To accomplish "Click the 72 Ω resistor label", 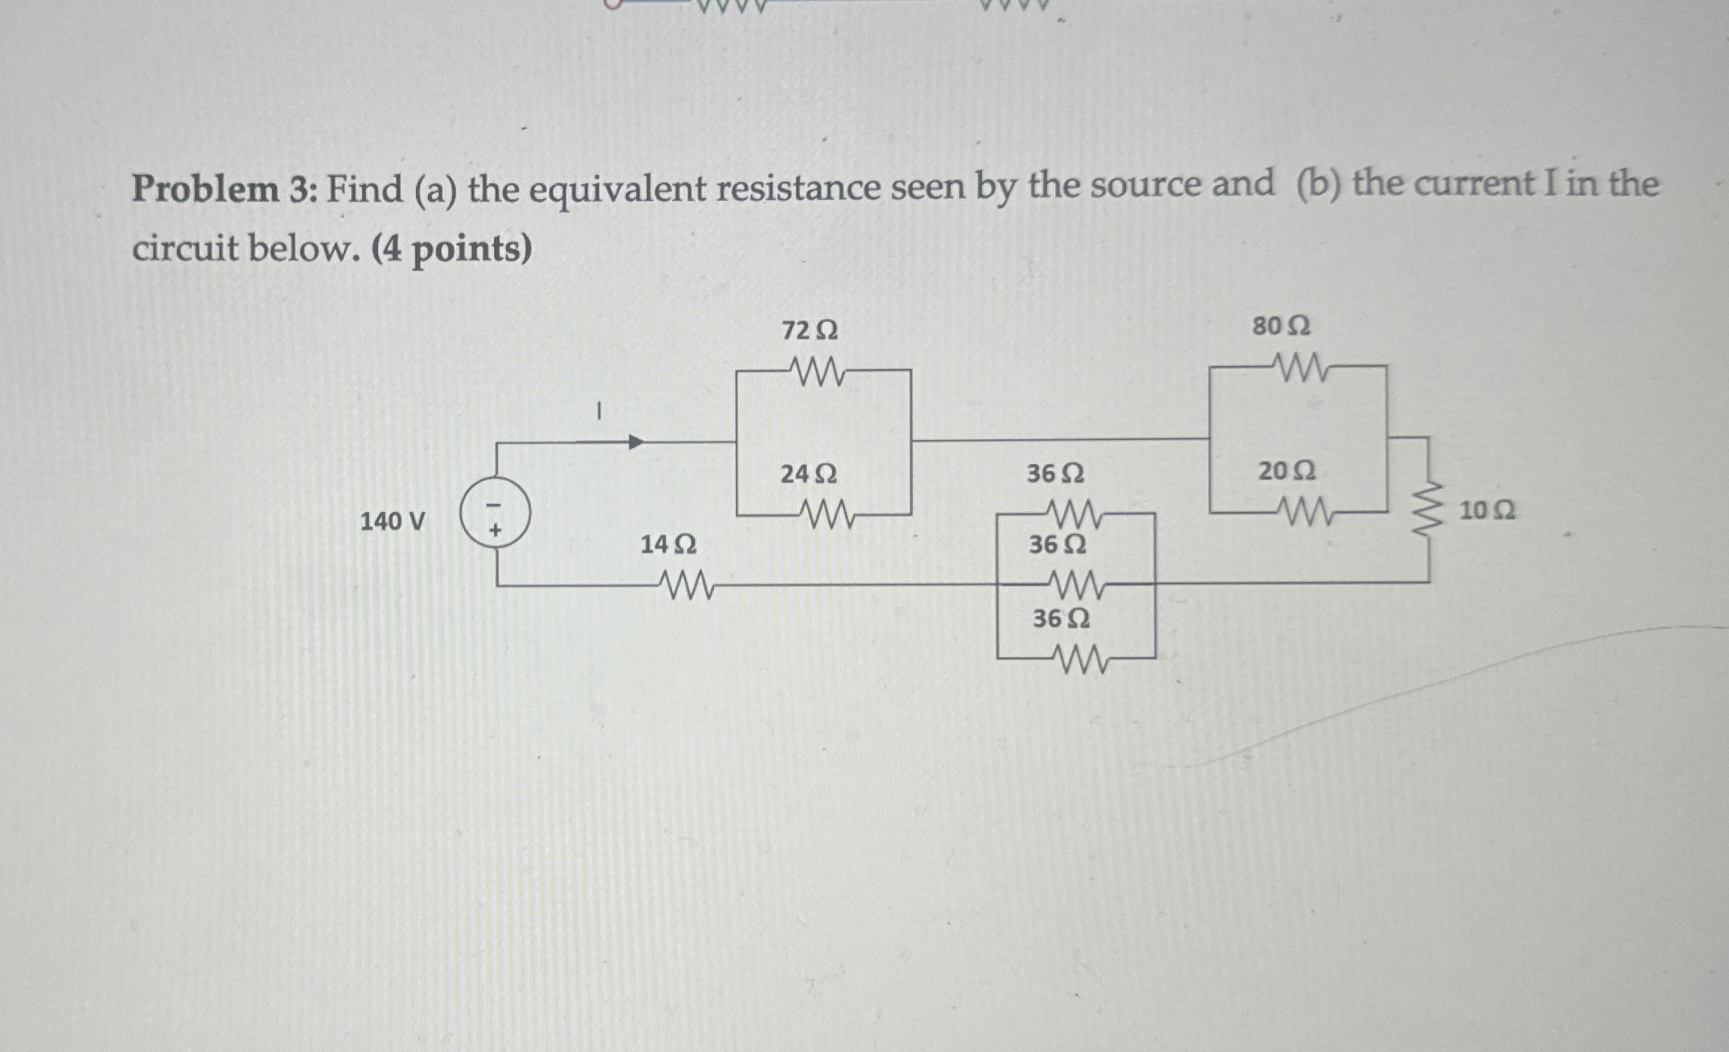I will (x=809, y=330).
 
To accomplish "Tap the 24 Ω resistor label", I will (x=809, y=475).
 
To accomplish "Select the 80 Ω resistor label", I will (x=1282, y=327).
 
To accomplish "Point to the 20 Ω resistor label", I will (x=1287, y=472).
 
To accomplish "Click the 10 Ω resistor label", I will (x=1487, y=511).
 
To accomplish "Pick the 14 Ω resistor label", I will (x=668, y=544).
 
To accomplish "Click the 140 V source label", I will (x=393, y=521).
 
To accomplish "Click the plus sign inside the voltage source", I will (x=496, y=530).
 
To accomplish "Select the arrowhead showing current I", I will (x=636, y=442).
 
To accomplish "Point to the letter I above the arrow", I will (x=598, y=411).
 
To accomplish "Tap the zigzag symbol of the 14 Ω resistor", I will (x=685, y=584).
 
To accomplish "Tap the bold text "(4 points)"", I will (x=451, y=249).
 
